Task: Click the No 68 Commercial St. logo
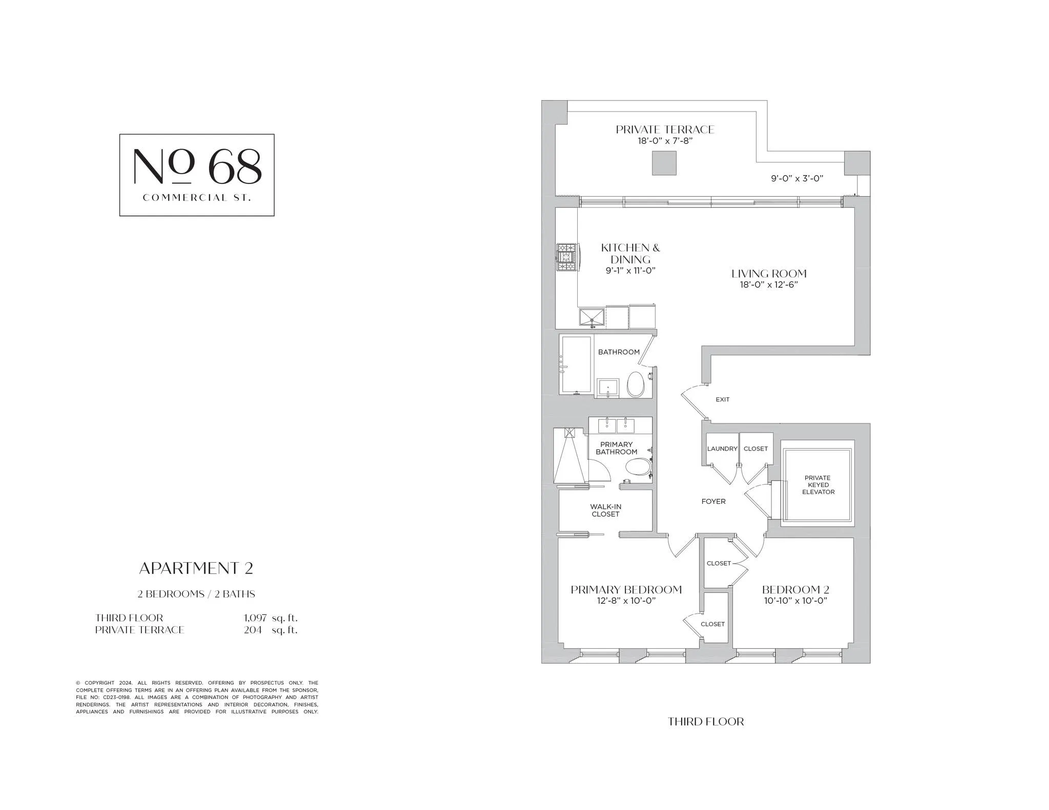(x=197, y=175)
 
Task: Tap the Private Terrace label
(x=665, y=130)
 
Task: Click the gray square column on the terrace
(x=664, y=163)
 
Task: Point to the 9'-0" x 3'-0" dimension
(x=796, y=179)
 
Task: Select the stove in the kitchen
(x=567, y=257)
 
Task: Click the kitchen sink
(x=592, y=317)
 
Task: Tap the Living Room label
(x=768, y=274)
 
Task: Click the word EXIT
(x=722, y=399)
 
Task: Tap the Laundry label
(x=722, y=449)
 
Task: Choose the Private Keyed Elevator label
(x=818, y=485)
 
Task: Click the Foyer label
(x=713, y=502)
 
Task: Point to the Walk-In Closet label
(x=605, y=510)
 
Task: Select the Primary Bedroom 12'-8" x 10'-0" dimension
(x=626, y=601)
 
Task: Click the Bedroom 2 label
(x=795, y=590)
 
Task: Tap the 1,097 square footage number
(x=255, y=618)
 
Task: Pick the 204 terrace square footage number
(x=253, y=630)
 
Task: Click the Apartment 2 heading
(x=196, y=568)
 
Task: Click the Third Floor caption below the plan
(x=705, y=722)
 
